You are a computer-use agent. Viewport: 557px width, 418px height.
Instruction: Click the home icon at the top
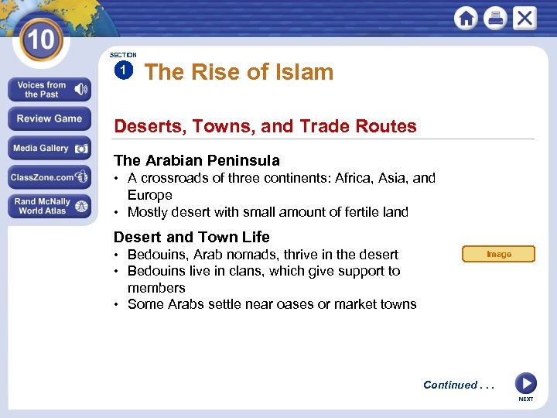466,18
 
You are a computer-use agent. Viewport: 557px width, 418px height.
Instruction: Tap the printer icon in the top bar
495,18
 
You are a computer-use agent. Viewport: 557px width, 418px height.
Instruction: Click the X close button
524,18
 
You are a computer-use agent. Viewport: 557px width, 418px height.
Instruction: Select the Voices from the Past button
49,90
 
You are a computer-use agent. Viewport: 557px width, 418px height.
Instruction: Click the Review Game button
49,119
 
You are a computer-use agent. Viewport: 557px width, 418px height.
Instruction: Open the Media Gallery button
49,149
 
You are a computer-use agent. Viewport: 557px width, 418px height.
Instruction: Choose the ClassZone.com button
49,177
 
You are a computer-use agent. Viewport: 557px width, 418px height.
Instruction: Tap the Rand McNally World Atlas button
49,207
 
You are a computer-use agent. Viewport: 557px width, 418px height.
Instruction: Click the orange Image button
498,254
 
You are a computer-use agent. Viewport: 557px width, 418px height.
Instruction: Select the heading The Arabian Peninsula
196,161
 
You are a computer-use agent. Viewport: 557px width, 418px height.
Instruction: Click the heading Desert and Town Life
191,238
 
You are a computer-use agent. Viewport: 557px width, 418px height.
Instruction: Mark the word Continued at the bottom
450,385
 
